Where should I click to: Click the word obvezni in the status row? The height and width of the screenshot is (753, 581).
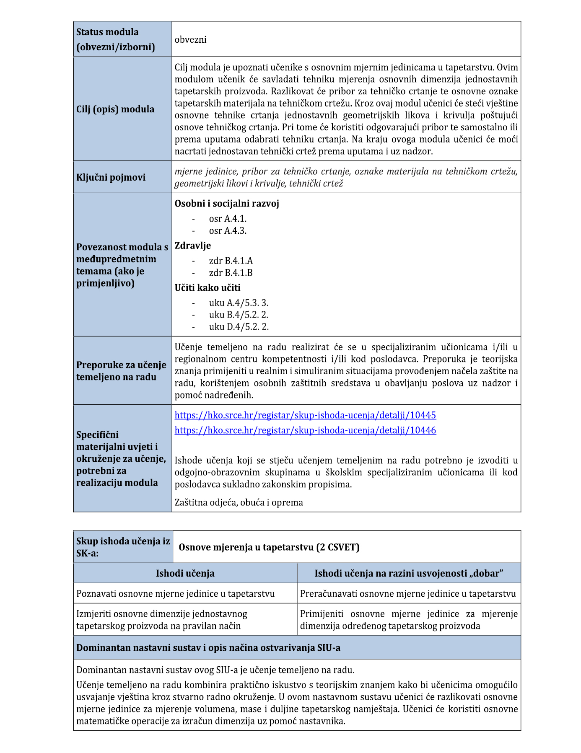tap(190, 39)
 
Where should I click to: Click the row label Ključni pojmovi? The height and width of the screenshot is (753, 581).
tap(111, 177)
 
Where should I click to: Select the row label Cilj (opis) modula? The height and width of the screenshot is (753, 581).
tap(115, 109)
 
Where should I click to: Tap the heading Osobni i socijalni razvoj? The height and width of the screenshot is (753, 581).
tap(227, 204)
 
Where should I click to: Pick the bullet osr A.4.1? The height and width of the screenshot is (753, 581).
tap(228, 219)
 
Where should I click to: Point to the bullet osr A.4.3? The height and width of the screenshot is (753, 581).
tap(228, 231)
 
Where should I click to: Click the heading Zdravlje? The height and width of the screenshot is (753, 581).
tap(193, 246)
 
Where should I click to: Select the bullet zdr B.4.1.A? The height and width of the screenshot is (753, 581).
tap(231, 261)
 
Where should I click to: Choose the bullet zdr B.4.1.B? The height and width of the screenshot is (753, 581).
tap(231, 273)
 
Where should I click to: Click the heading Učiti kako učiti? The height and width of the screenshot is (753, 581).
tap(207, 288)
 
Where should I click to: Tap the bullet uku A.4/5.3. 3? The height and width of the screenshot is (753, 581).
tap(239, 303)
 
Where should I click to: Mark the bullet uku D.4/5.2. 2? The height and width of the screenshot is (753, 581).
tap(239, 327)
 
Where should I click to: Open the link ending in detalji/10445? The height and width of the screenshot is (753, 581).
tap(305, 415)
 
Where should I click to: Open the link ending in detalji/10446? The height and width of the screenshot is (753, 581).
tap(305, 430)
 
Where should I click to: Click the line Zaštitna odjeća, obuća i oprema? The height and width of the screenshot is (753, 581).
tap(239, 502)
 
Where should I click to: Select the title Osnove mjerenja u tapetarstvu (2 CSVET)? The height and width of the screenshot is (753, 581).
tap(269, 547)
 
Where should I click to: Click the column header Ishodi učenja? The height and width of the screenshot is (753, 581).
tap(185, 573)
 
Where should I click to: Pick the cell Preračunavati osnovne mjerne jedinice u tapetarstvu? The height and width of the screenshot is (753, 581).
tap(408, 594)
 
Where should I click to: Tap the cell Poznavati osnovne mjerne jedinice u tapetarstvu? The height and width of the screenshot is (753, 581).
tap(175, 594)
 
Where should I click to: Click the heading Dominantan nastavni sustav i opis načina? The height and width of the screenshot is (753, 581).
tap(208, 648)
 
